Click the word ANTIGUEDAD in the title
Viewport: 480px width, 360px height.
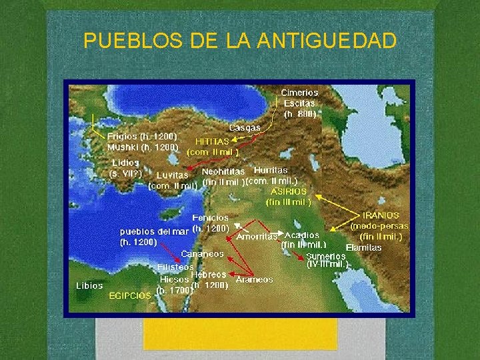326,41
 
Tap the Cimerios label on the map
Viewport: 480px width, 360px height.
299,93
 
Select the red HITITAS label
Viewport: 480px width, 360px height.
212,141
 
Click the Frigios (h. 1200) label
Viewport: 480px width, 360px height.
142,136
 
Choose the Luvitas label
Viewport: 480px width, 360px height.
172,175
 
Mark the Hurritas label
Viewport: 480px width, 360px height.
271,171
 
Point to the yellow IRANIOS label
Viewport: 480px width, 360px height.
381,215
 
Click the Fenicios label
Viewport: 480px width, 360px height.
211,218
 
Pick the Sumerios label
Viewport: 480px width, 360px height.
327,255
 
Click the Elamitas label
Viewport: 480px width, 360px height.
363,247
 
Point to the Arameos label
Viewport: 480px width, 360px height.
254,280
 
